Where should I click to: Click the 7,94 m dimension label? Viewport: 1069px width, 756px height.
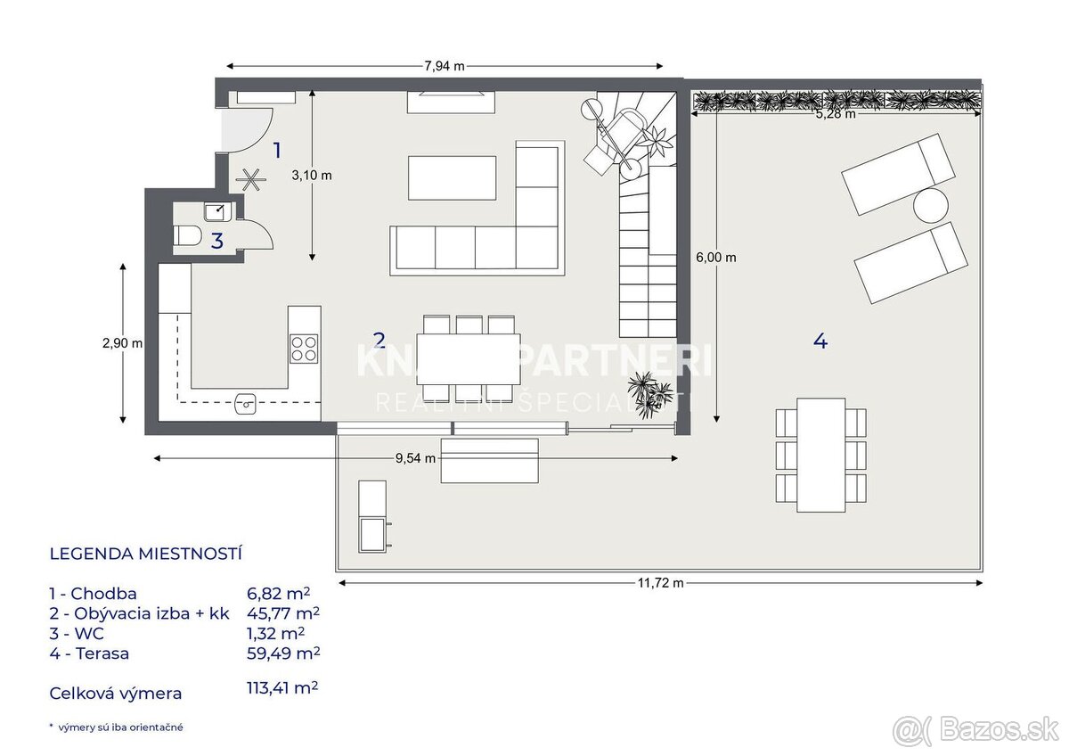445,66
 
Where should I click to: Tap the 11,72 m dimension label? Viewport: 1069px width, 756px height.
660,583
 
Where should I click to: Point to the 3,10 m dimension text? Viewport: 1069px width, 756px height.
312,176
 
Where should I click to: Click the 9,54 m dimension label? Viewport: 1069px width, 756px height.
414,458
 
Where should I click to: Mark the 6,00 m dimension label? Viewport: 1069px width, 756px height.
715,258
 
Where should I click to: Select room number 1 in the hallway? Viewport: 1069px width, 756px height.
277,150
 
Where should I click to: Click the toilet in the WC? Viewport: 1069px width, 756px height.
186,236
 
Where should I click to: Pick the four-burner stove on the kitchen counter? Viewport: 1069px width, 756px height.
304,348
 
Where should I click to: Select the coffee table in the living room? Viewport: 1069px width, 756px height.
452,177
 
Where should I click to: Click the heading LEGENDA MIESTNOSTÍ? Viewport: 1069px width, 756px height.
146,554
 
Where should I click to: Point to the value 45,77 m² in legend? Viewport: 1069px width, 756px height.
282,612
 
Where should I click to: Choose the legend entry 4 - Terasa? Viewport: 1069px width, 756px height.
90,653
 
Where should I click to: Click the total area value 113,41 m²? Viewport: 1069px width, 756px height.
282,688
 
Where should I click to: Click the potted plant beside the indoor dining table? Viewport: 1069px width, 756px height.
649,391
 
